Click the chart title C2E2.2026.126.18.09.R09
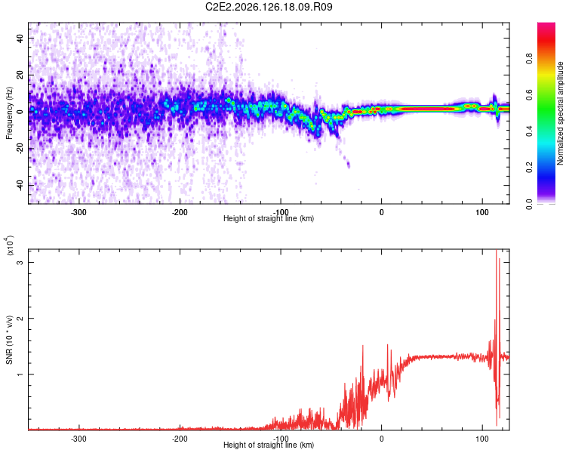pyautogui.click(x=269, y=7)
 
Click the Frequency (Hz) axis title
pyautogui.click(x=9, y=113)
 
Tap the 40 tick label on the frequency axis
pyautogui.click(x=20, y=38)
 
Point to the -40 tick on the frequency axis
pyautogui.click(x=20, y=186)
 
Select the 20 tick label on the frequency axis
pyautogui.click(x=20, y=75)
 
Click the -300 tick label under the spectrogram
pyautogui.click(x=78, y=212)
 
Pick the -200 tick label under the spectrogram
pyautogui.click(x=180, y=212)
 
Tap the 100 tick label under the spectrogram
pyautogui.click(x=482, y=212)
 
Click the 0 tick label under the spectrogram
pyautogui.click(x=382, y=212)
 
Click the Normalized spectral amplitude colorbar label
pyautogui.click(x=560, y=113)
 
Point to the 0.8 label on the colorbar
pyautogui.click(x=529, y=58)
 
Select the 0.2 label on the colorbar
pyautogui.click(x=529, y=168)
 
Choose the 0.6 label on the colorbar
pyautogui.click(x=529, y=94)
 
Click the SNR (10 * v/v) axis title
pyautogui.click(x=9, y=340)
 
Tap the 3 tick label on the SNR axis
pyautogui.click(x=20, y=262)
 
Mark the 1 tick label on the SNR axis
pyautogui.click(x=20, y=374)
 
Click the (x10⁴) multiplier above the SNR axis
pyautogui.click(x=9, y=245)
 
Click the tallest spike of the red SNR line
pyautogui.click(x=497, y=251)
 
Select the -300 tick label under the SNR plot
pyautogui.click(x=78, y=439)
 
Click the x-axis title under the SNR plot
pyautogui.click(x=269, y=445)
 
